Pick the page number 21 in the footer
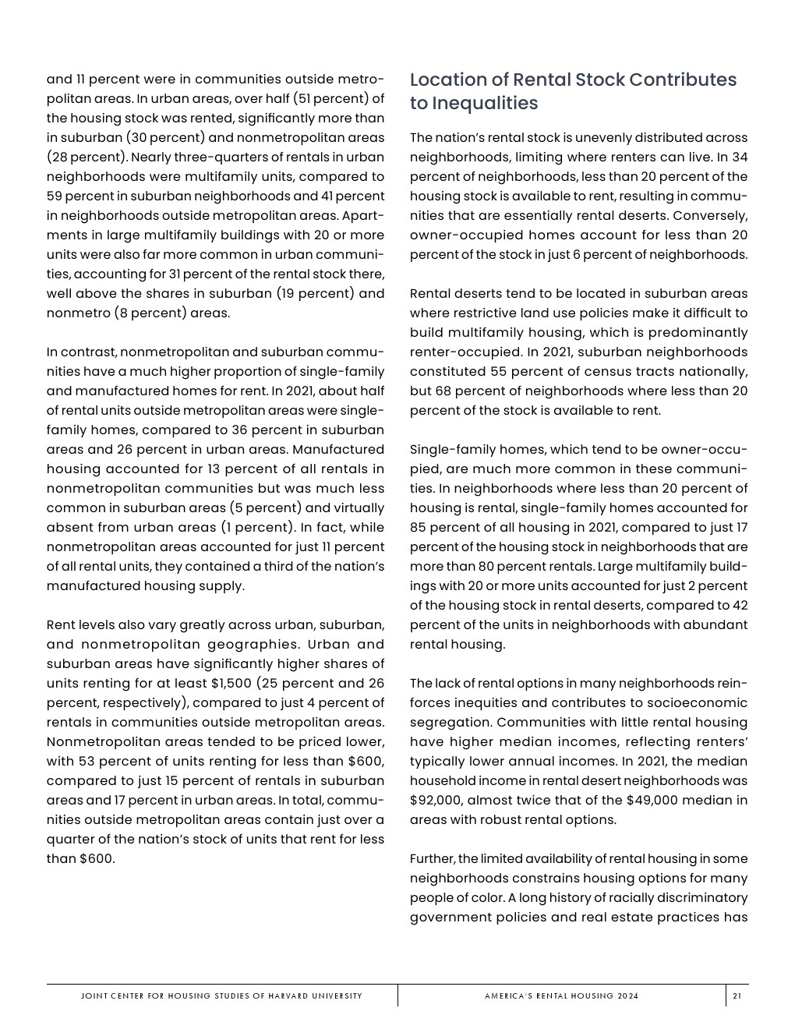737,995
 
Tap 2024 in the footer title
628,995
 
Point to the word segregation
450,723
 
